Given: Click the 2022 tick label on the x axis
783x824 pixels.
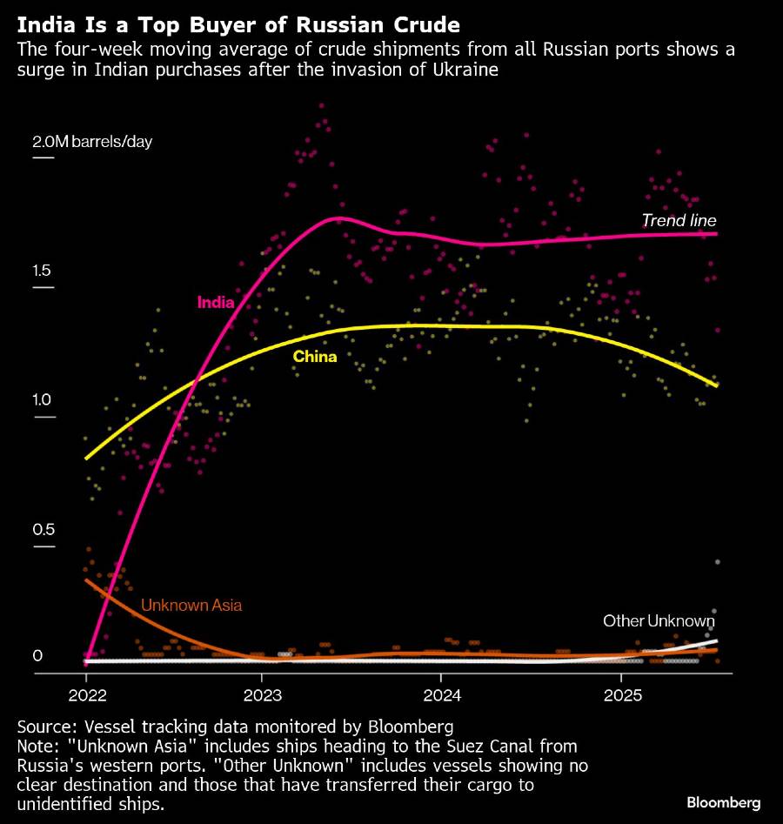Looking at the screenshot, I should click(86, 696).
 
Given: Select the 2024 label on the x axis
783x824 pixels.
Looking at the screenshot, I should click(441, 696).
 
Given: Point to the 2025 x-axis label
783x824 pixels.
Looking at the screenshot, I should click(621, 696).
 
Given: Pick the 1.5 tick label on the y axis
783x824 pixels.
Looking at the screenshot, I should click(42, 271).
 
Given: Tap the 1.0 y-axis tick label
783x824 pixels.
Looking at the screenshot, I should click(42, 400).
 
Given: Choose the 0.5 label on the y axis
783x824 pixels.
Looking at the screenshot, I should click(42, 530).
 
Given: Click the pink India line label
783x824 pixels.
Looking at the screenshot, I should click(216, 303).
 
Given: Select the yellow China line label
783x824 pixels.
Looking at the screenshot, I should click(314, 356).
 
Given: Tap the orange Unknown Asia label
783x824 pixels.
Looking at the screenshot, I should click(191, 605).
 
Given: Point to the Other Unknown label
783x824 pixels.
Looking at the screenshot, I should click(659, 620).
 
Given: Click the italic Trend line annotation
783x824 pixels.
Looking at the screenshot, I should click(679, 220).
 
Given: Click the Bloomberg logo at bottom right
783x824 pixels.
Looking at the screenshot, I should click(724, 802).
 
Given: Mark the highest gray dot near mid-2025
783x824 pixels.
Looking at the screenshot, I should click(718, 562).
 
